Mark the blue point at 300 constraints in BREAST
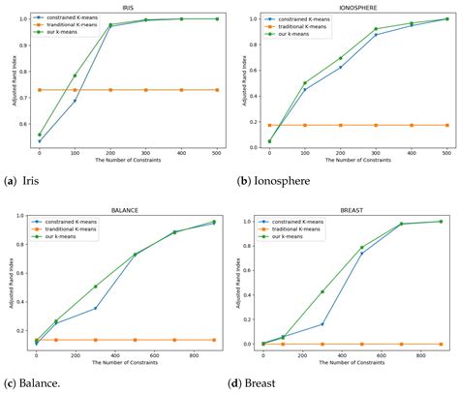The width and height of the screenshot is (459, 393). click(x=322, y=324)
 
